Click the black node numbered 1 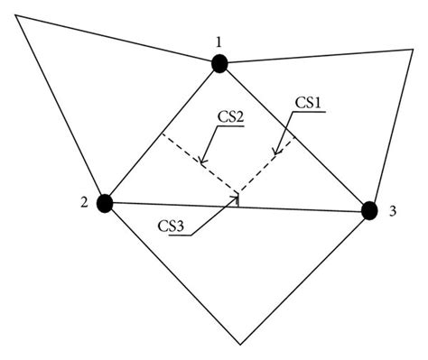(x=219, y=62)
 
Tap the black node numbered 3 (x=368, y=210)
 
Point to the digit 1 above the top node (x=219, y=42)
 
